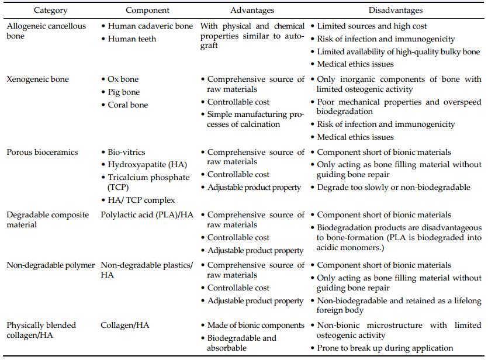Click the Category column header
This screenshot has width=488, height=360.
tap(50, 11)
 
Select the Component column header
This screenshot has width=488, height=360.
tap(148, 11)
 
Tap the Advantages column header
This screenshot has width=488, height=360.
tap(252, 11)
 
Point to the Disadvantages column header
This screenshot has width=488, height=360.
tap(396, 11)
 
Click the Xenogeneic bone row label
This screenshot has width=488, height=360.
tap(37, 79)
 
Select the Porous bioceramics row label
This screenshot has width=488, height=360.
tap(42, 152)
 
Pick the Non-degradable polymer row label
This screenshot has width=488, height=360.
tap(51, 265)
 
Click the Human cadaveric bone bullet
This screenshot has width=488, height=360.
tap(150, 26)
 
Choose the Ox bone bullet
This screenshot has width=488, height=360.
tap(123, 79)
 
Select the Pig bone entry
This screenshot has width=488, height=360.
tap(124, 92)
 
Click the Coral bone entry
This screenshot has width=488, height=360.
tap(127, 105)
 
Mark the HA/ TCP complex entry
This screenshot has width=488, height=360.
tap(141, 200)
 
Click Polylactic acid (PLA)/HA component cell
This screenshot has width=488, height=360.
tap(147, 214)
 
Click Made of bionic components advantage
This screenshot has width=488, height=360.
tap(256, 325)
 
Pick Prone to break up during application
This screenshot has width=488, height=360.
tap(385, 348)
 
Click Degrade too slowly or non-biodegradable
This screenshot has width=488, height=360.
tap(393, 187)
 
